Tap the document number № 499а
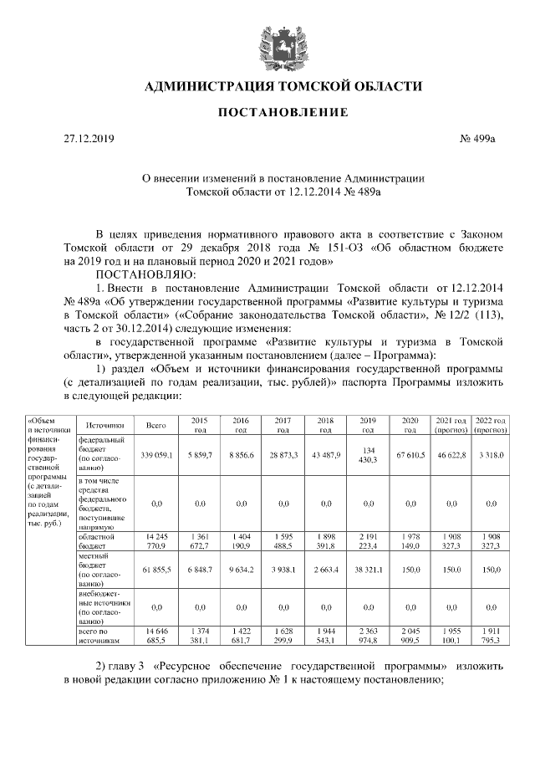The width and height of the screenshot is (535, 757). coord(479,139)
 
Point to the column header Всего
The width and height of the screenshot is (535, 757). coord(156,425)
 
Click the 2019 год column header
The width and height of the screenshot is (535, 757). coord(368,425)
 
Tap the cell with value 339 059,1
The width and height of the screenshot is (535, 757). coord(156,453)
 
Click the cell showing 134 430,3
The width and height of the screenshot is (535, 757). coord(368,453)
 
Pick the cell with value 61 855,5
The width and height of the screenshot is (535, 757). coord(156,568)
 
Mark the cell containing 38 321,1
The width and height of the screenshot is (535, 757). coord(368,568)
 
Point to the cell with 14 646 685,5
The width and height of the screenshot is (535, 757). coord(156,635)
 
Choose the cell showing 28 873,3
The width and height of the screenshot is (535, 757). coord(283,453)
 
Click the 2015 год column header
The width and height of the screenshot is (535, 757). coord(199,425)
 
